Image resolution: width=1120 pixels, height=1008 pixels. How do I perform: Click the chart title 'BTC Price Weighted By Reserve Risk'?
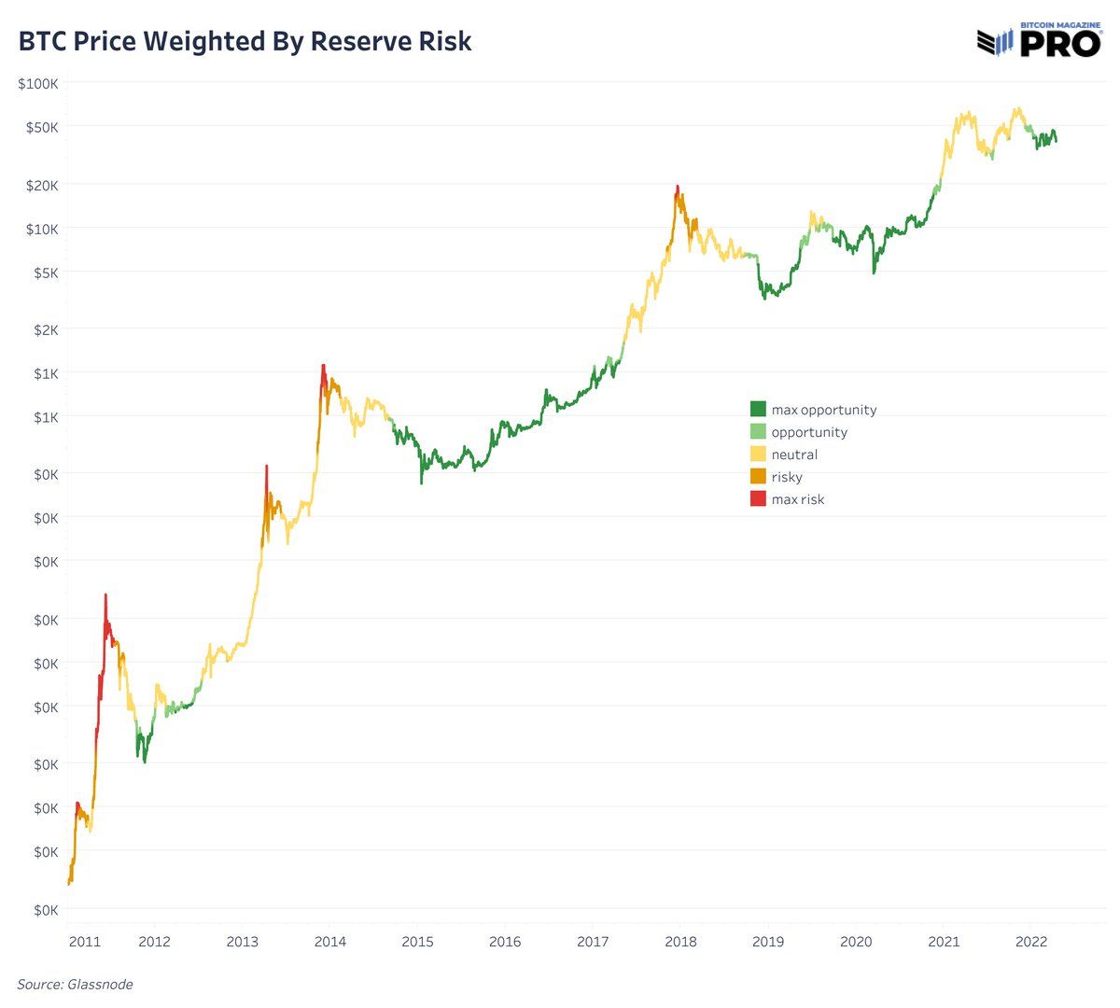pyautogui.click(x=245, y=42)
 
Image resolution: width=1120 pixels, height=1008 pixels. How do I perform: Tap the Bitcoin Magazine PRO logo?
pyautogui.click(x=1039, y=40)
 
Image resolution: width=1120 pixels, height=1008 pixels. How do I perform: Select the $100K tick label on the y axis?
pyautogui.click(x=38, y=84)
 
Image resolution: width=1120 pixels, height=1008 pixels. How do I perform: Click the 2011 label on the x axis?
pyautogui.click(x=84, y=941)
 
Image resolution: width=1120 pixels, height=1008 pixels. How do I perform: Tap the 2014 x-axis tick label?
pyautogui.click(x=329, y=941)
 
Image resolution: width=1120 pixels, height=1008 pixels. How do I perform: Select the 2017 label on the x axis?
pyautogui.click(x=593, y=941)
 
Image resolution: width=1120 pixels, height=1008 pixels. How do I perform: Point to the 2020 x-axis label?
pyautogui.click(x=856, y=941)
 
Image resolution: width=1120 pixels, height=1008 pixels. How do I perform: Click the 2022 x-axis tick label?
pyautogui.click(x=1030, y=941)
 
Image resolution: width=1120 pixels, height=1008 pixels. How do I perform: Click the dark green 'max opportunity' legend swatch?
pyautogui.click(x=758, y=409)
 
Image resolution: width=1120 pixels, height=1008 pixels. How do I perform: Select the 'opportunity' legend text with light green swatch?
pyautogui.click(x=809, y=432)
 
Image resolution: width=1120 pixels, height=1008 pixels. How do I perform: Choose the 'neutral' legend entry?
pyautogui.click(x=794, y=455)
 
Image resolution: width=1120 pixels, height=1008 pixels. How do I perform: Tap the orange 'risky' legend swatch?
pyautogui.click(x=758, y=477)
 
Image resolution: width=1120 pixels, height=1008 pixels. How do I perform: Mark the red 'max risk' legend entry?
pyautogui.click(x=798, y=499)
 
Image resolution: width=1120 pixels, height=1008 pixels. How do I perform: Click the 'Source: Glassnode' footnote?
pyautogui.click(x=75, y=984)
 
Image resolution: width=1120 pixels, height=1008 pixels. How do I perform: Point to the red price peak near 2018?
pyautogui.click(x=677, y=189)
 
